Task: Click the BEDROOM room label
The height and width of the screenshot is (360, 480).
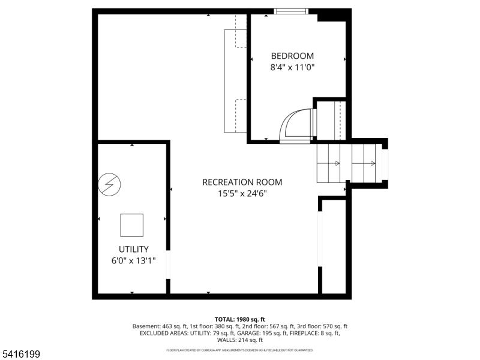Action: [292, 56]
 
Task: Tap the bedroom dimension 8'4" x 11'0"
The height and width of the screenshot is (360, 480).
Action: [292, 68]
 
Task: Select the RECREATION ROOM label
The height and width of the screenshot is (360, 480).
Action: [242, 182]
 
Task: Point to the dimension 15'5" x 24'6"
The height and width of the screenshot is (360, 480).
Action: [242, 193]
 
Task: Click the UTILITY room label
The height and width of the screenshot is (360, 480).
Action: [133, 249]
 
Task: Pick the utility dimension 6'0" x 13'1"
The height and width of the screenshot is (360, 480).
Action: [133, 260]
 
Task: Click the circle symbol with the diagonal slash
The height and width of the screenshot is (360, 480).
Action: [109, 184]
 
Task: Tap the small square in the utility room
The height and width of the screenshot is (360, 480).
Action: [132, 225]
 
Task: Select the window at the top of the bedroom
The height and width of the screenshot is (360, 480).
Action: [291, 11]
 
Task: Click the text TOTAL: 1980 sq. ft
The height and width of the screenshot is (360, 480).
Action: [240, 319]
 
